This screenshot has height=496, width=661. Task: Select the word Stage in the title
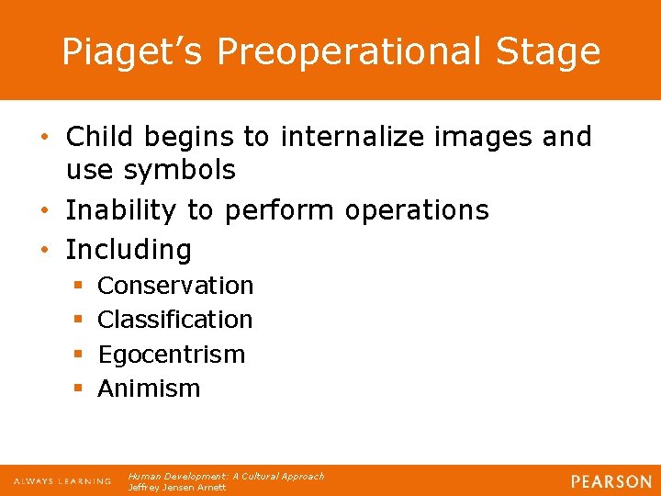[x=551, y=51]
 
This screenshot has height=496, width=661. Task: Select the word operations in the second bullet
[x=417, y=209]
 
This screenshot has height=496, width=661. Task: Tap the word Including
[x=129, y=249]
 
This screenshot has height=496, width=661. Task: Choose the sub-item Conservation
[x=175, y=286]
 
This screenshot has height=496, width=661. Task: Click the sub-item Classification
[x=174, y=320]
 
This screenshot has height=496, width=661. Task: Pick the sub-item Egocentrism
[x=171, y=355]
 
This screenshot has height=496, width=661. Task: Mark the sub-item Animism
[x=149, y=389]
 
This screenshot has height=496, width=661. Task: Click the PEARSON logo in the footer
[x=611, y=481]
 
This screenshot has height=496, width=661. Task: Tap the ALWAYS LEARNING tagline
[x=62, y=481]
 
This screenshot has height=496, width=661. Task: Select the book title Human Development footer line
[x=226, y=476]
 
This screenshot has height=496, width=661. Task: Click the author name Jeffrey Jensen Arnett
[x=177, y=488]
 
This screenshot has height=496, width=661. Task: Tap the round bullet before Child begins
[x=53, y=138]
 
